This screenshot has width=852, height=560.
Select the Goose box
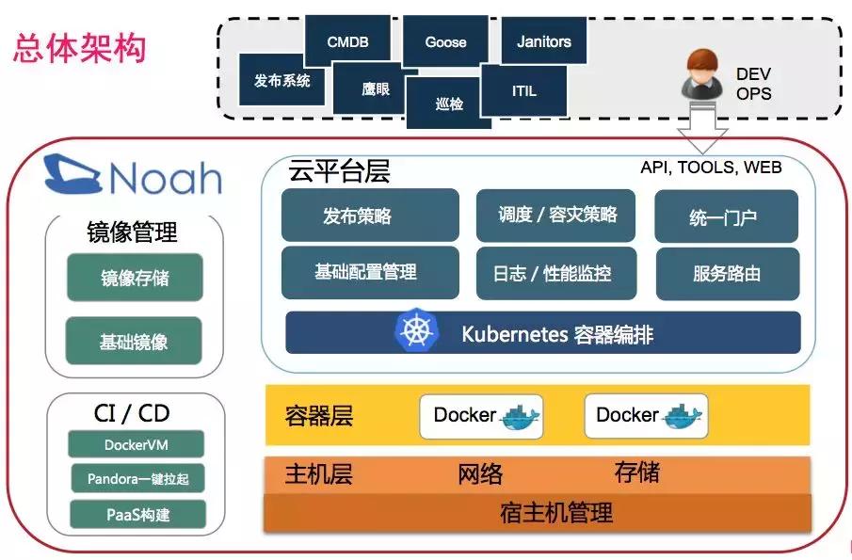click(445, 41)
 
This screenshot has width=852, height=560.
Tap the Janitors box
click(544, 41)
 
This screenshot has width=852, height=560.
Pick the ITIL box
click(524, 91)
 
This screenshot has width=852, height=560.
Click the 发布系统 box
click(281, 80)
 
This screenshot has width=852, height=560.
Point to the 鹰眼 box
click(376, 88)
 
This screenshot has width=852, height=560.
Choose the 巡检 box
click(449, 104)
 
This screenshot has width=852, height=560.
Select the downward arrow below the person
click(701, 129)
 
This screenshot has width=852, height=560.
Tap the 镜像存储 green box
click(135, 278)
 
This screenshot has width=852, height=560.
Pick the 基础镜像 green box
click(135, 341)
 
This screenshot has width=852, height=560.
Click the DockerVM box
click(137, 445)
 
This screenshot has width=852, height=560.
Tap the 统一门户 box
click(725, 217)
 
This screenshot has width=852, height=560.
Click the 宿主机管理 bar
click(538, 513)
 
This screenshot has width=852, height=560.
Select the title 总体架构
click(79, 47)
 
